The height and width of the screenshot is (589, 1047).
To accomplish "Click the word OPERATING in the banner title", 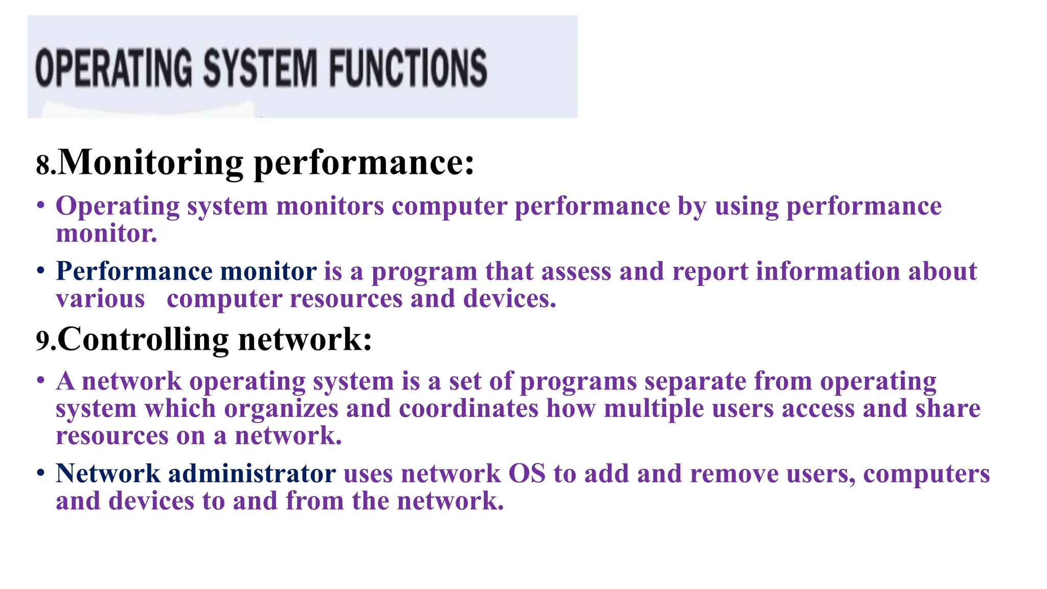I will click(x=113, y=68).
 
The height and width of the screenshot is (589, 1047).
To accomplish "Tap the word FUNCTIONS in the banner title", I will click(x=407, y=68).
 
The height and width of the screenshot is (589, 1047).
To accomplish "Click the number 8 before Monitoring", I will click(x=43, y=166).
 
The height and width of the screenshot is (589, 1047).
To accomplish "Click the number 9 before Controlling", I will click(x=43, y=341).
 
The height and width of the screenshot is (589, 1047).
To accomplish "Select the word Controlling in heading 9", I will click(x=143, y=339).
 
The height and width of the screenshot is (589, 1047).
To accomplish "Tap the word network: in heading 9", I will click(x=305, y=339).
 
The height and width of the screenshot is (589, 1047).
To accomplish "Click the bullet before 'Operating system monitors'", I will click(x=41, y=206).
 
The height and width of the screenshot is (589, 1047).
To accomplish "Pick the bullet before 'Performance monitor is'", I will click(x=41, y=271).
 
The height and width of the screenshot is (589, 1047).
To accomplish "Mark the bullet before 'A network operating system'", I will click(x=41, y=381).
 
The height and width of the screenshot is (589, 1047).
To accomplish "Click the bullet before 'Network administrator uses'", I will click(x=41, y=473).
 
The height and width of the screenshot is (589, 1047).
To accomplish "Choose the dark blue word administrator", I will click(x=252, y=473).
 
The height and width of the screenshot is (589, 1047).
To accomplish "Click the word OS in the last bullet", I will click(x=527, y=473).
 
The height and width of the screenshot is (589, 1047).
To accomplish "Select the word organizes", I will click(x=281, y=409).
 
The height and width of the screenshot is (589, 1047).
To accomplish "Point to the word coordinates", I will click(x=468, y=409).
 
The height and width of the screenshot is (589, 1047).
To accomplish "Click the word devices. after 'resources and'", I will click(x=510, y=299).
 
